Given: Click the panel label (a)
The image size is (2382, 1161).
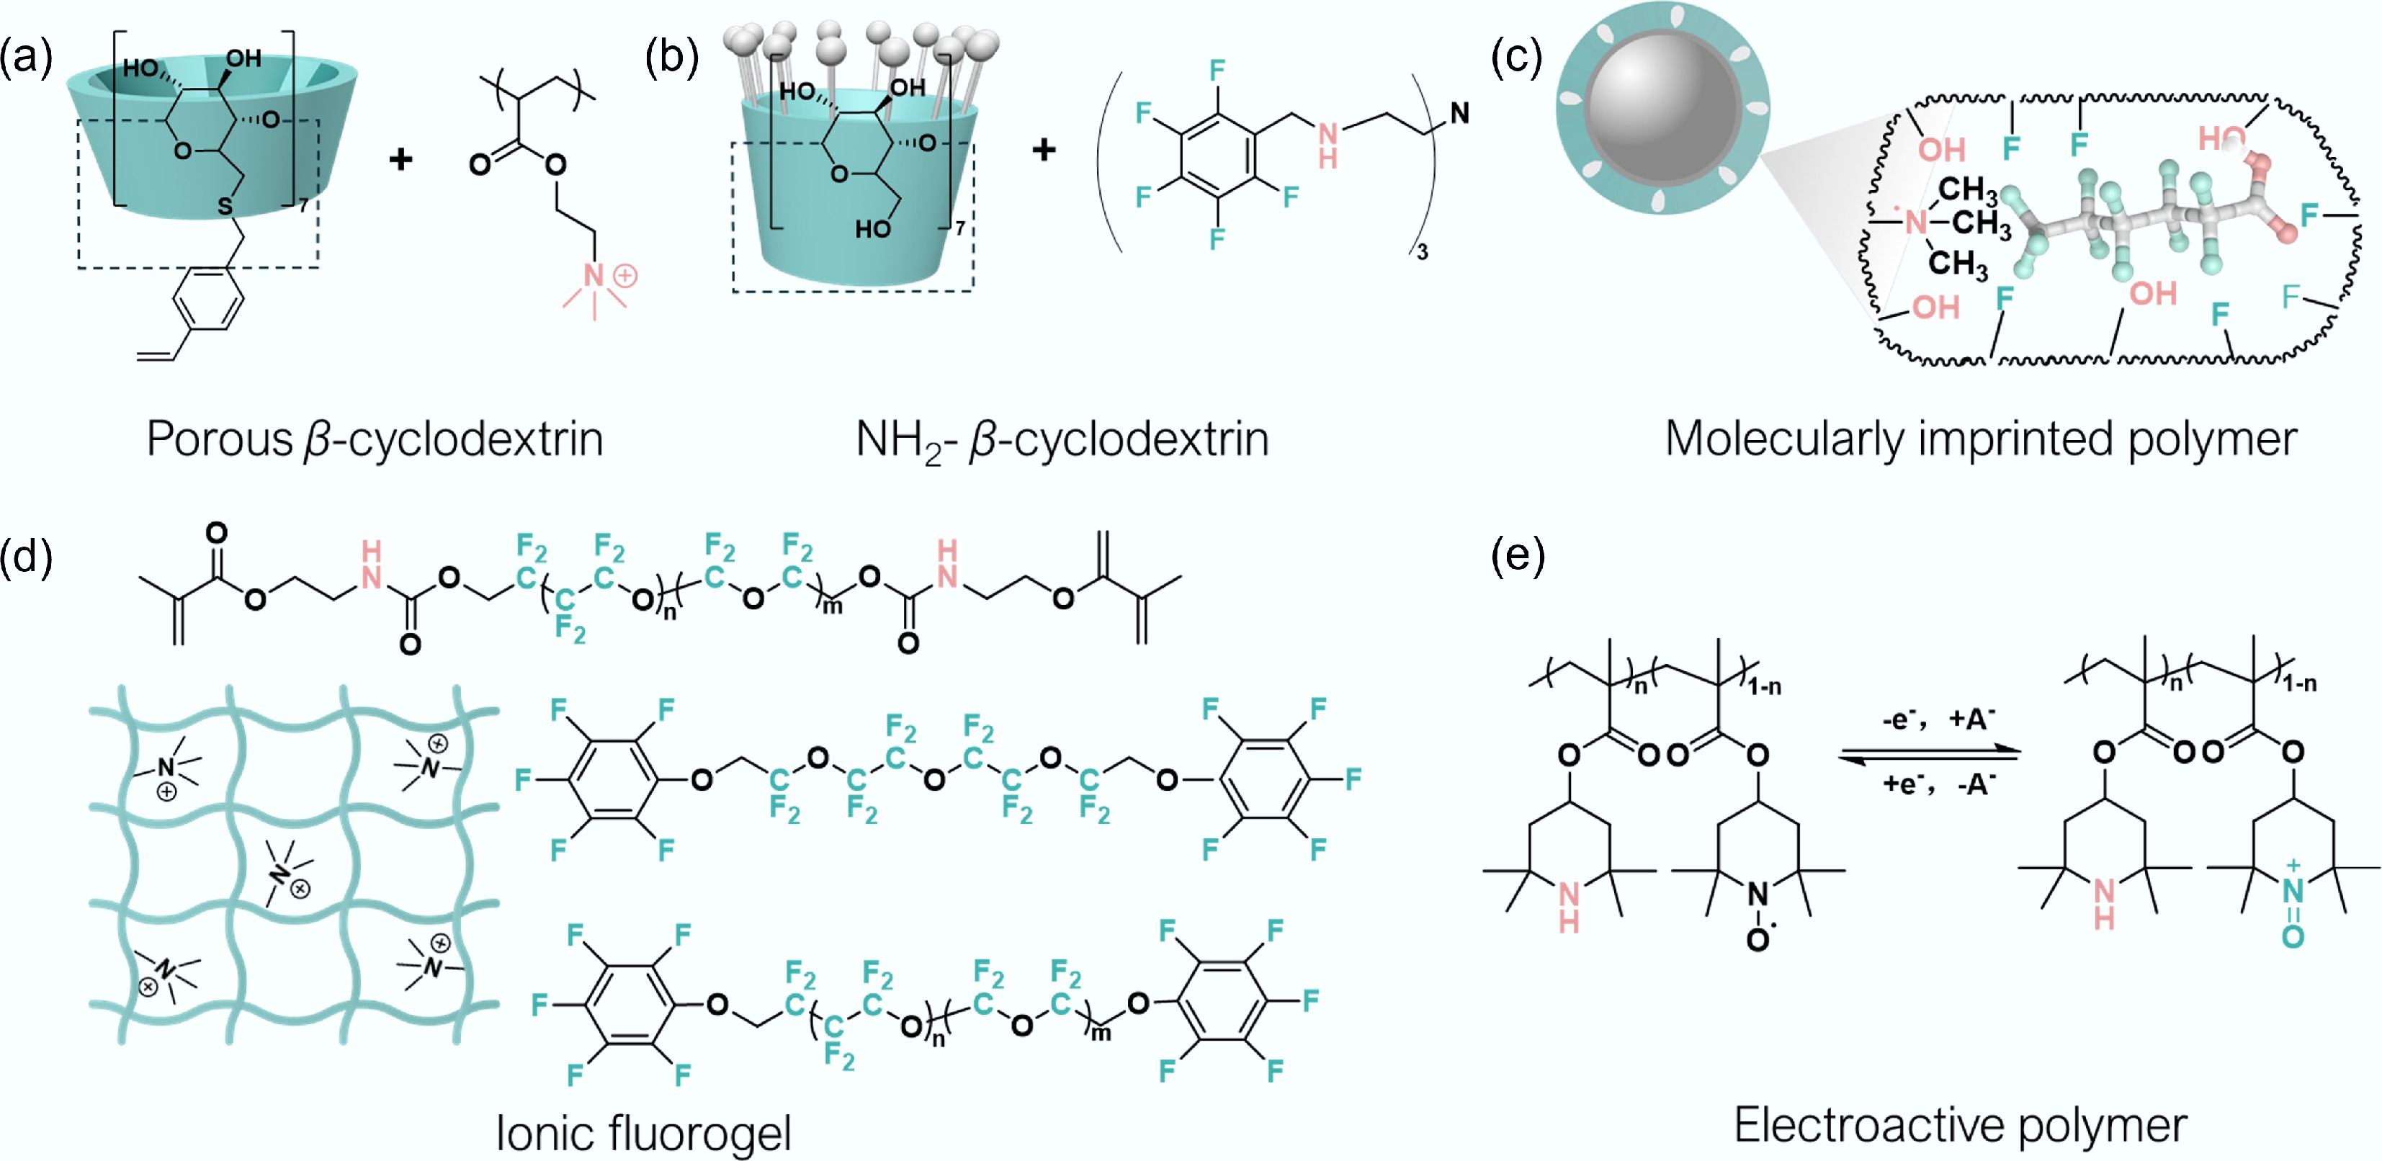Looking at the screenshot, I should pyautogui.click(x=27, y=58).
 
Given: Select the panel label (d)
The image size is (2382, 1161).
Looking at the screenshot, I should pyautogui.click(x=27, y=557).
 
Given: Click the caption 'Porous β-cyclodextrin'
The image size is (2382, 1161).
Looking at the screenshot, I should pyautogui.click(x=375, y=439).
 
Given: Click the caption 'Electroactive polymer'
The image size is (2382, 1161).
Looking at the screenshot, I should pyautogui.click(x=1961, y=1125).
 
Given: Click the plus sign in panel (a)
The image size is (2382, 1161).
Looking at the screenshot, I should pyautogui.click(x=400, y=160).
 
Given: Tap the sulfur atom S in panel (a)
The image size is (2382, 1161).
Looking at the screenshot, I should pyautogui.click(x=225, y=206).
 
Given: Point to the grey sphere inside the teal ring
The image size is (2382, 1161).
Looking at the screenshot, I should pyautogui.click(x=1662, y=107).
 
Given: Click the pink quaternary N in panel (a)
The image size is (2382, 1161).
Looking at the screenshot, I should pyautogui.click(x=594, y=275).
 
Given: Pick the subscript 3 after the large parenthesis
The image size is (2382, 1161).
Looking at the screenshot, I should pyautogui.click(x=1422, y=251).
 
